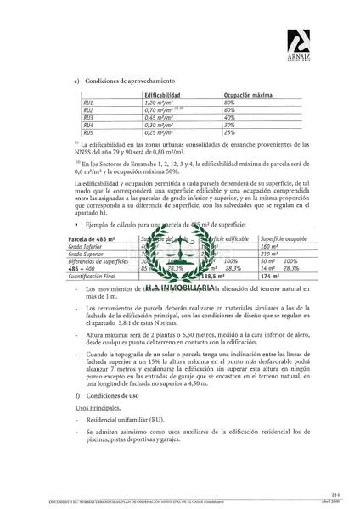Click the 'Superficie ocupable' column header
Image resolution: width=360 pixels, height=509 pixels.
284,240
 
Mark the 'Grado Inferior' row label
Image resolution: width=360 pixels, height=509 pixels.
87,247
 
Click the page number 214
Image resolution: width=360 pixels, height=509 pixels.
339,492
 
